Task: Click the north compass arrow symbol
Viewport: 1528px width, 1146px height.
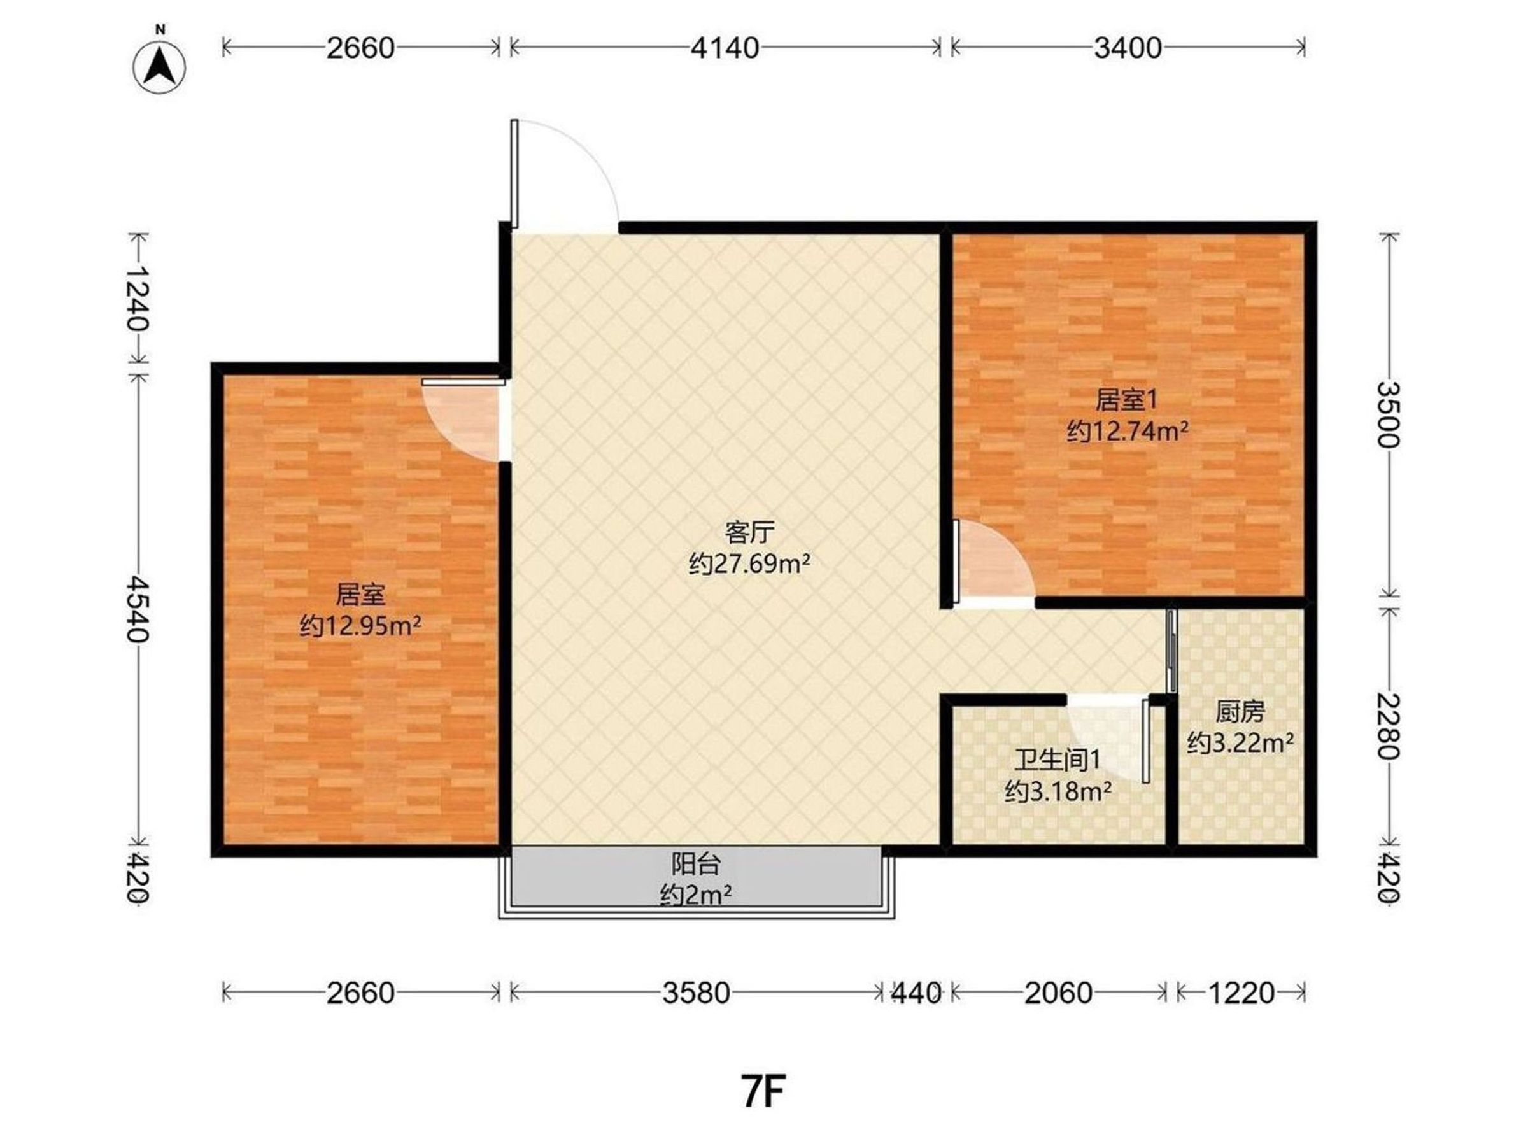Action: coord(160,66)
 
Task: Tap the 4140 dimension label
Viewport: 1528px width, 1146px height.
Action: coord(725,48)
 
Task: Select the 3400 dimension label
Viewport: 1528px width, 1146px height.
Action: coord(1128,48)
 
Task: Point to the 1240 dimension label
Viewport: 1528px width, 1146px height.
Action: coord(138,298)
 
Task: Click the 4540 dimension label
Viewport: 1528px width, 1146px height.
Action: coord(138,609)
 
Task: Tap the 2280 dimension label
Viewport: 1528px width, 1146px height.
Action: coord(1389,726)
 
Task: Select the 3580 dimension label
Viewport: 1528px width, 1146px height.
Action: coord(697,993)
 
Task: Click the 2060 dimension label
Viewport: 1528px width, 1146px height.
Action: coord(1058,993)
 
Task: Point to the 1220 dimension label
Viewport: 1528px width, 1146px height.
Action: coord(1241,993)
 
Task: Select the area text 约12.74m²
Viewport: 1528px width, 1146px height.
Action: coord(1128,432)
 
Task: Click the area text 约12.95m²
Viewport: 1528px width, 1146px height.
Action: coord(360,626)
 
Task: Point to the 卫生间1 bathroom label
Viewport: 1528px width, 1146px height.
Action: coord(1057,760)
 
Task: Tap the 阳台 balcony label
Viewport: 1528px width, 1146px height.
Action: coord(697,863)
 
